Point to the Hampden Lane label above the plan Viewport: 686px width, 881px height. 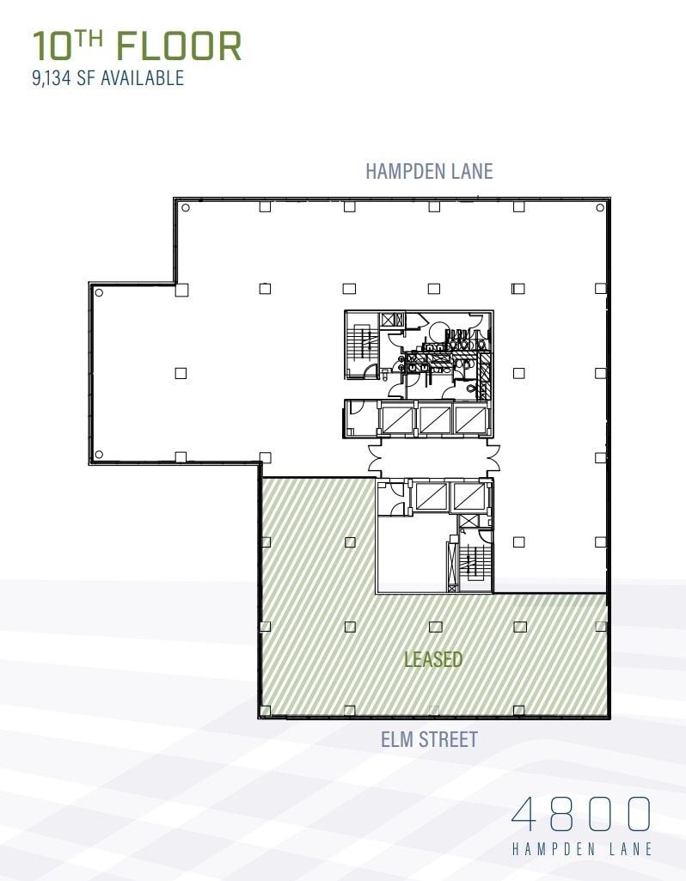[429, 170]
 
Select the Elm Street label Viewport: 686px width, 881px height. [429, 738]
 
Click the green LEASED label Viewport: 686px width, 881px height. [433, 659]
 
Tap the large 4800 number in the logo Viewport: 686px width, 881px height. [580, 814]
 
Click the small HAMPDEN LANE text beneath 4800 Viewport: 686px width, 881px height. [582, 849]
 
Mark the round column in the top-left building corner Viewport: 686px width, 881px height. [186, 208]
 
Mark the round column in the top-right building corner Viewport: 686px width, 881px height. [599, 208]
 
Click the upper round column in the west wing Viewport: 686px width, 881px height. [99, 293]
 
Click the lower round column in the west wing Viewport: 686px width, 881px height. [99, 455]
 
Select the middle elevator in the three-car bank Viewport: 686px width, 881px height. [434, 419]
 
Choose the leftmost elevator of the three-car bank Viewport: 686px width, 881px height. [397, 419]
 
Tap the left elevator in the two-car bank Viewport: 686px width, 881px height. [431, 496]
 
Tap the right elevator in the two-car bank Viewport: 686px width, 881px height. [468, 496]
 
